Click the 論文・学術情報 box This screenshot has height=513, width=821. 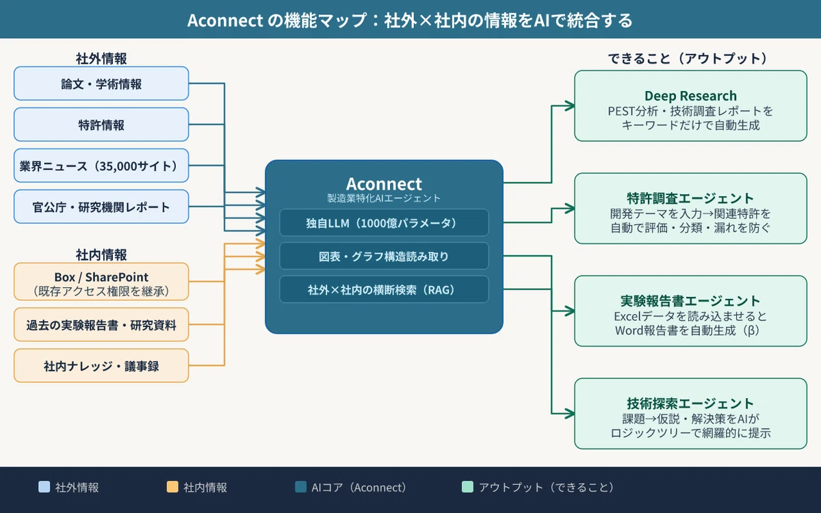point(101,83)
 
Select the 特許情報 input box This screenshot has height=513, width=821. point(101,124)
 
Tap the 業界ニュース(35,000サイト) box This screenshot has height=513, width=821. point(101,166)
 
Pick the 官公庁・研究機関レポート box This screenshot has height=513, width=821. point(101,207)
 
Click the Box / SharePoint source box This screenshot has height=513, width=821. point(101,282)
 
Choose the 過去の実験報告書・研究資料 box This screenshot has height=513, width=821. point(101,325)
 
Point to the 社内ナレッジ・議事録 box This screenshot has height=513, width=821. point(101,366)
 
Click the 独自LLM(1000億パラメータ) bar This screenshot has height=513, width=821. point(384,222)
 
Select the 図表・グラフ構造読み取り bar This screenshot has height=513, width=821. point(384,256)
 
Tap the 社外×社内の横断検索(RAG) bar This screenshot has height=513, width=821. point(384,289)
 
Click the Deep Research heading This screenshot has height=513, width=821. point(690,96)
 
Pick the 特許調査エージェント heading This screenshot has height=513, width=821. point(690,198)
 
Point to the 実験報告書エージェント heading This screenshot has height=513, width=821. point(690,301)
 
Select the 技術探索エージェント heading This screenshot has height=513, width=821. point(690,404)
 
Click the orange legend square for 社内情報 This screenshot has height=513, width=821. point(172,487)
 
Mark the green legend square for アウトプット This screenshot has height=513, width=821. point(467,487)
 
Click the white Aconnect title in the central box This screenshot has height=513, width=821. point(384,183)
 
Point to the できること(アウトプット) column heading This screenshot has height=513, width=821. point(687,58)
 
